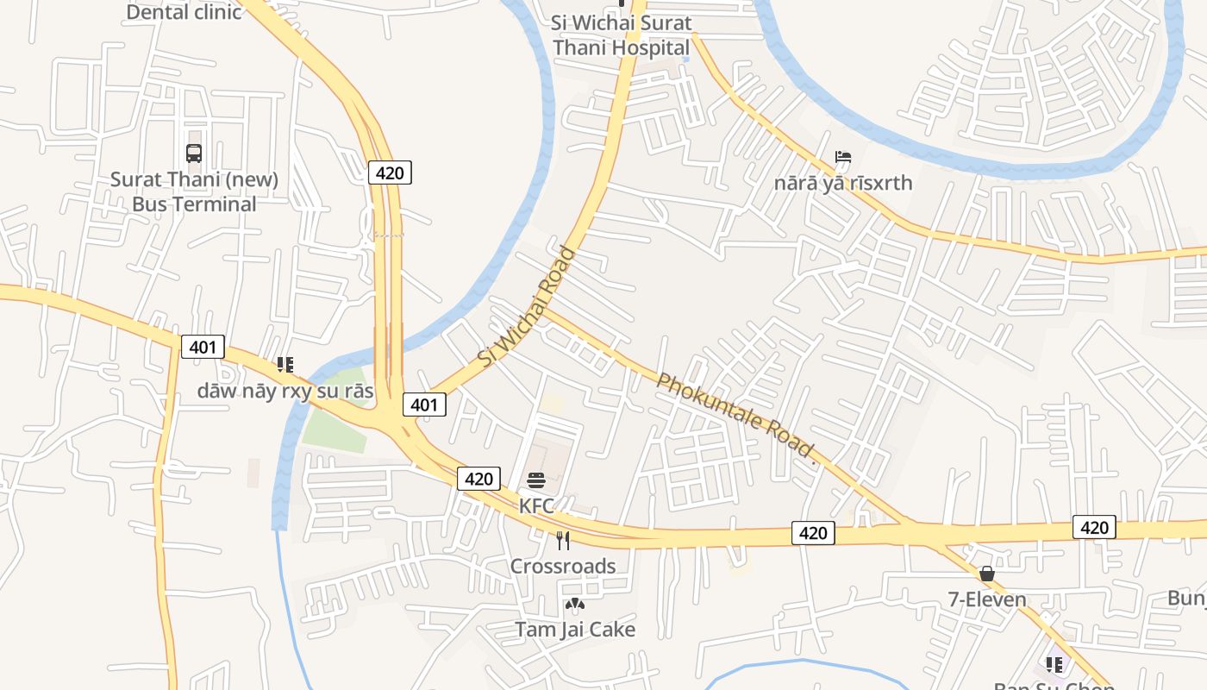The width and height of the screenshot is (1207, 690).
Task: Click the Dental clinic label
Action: [x=184, y=12]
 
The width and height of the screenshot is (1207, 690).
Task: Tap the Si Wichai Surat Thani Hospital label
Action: [x=622, y=34]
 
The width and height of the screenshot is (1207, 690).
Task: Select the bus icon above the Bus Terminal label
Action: [x=194, y=154]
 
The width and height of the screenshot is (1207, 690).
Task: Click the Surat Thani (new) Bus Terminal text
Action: [x=194, y=191]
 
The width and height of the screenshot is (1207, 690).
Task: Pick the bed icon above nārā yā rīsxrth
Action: [x=843, y=157]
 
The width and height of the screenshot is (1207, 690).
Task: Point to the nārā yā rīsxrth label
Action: [x=842, y=183]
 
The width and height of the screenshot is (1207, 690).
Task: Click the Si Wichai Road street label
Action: [x=527, y=306]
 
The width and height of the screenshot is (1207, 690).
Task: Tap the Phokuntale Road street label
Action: [x=735, y=415]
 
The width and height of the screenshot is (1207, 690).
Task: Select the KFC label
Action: [x=536, y=505]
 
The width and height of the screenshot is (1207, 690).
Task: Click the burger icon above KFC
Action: [x=536, y=480]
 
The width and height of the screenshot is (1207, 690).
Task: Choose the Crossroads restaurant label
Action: [x=563, y=566]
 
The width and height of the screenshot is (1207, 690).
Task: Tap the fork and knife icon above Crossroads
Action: [x=563, y=541]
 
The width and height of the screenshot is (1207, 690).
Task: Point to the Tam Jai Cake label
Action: [x=575, y=630]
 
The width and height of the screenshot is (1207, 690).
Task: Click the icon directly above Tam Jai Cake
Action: [x=574, y=605]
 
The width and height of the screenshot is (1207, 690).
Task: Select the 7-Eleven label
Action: [x=987, y=599]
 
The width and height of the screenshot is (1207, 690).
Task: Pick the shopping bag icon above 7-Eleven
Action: [x=987, y=574]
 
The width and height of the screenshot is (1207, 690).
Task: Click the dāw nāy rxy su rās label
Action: [x=285, y=391]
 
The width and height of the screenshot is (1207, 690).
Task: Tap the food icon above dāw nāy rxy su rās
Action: [x=285, y=365]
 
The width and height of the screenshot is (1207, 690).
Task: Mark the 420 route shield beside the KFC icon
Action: [x=478, y=479]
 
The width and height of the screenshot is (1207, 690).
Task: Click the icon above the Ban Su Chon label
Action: [x=1054, y=664]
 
